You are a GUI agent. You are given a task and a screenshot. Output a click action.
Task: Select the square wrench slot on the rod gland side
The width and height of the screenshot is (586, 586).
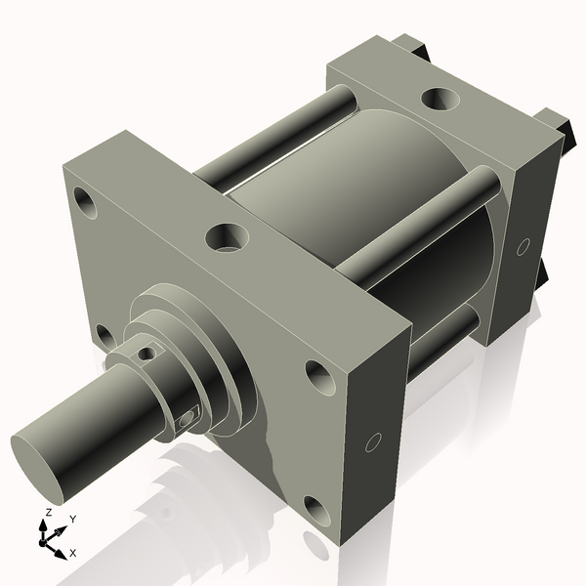click(188, 419)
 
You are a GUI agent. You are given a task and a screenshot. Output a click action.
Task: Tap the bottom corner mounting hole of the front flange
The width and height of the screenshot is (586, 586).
click(316, 509)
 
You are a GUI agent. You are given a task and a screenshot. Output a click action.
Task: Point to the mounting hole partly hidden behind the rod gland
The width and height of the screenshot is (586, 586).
click(104, 336)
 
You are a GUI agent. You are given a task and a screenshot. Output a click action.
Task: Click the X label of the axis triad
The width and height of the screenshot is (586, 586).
click(73, 553)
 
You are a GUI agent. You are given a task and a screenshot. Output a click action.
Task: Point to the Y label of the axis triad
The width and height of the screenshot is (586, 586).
click(73, 519)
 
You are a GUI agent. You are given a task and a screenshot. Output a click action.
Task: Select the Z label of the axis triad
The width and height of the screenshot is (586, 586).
click(49, 512)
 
